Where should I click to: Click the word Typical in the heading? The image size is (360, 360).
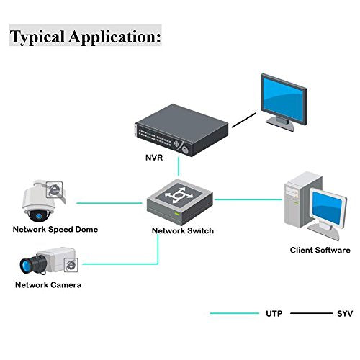(37, 37)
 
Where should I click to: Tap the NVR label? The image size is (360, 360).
(154, 158)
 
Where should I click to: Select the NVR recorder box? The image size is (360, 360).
(181, 130)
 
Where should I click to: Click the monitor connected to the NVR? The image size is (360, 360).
(284, 102)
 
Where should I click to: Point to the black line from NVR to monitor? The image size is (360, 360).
(244, 120)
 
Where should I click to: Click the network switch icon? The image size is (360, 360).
(180, 202)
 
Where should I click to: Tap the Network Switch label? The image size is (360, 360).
(183, 230)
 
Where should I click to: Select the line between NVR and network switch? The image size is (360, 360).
(179, 166)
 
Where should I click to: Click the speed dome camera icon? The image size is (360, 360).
(43, 201)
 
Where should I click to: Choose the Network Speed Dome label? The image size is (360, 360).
(55, 230)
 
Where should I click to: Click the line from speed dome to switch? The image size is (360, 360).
(109, 203)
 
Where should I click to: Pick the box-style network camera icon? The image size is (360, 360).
(49, 261)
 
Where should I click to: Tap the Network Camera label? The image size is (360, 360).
(48, 285)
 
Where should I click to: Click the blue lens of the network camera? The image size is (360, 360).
(25, 266)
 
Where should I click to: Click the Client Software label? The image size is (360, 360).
(320, 250)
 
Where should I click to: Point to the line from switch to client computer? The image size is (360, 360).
(248, 199)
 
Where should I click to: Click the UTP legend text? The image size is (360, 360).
(274, 314)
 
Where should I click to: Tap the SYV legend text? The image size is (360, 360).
(345, 314)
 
